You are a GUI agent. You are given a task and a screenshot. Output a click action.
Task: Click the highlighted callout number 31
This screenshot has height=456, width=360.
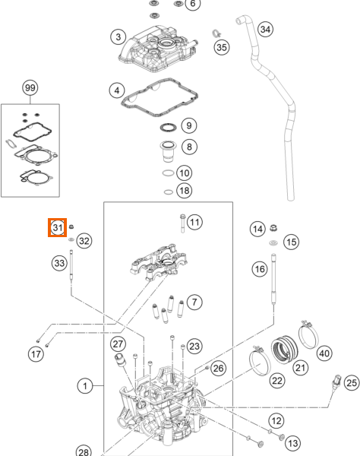click(x=58, y=227)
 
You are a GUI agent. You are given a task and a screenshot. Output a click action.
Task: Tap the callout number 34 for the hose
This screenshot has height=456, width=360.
click(x=264, y=30)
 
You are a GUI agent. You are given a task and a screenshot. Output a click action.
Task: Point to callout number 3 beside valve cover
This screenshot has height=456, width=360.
click(x=117, y=36)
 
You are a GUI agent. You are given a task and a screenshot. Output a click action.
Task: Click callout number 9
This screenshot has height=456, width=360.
click(x=188, y=125)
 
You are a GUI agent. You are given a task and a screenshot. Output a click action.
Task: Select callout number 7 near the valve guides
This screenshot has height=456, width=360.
click(x=194, y=302)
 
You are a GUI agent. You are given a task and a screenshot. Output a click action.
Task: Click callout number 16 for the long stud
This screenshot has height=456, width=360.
click(x=260, y=269)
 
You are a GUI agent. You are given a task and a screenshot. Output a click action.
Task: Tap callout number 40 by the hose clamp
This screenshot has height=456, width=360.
click(x=324, y=353)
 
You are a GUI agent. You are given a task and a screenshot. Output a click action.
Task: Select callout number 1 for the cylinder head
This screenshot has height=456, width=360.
click(x=87, y=387)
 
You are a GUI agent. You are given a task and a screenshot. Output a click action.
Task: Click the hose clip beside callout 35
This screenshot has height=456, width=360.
click(x=215, y=33)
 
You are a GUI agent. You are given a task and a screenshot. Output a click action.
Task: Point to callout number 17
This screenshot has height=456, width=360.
click(x=35, y=354)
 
